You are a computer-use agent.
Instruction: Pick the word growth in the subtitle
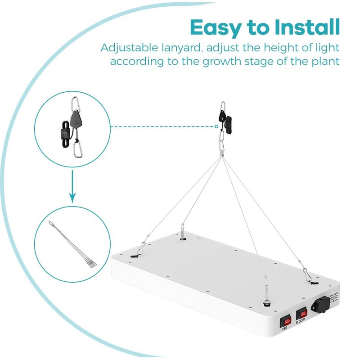(209, 61)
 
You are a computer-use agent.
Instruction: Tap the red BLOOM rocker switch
(301, 312)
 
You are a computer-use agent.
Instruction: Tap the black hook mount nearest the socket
(313, 283)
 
